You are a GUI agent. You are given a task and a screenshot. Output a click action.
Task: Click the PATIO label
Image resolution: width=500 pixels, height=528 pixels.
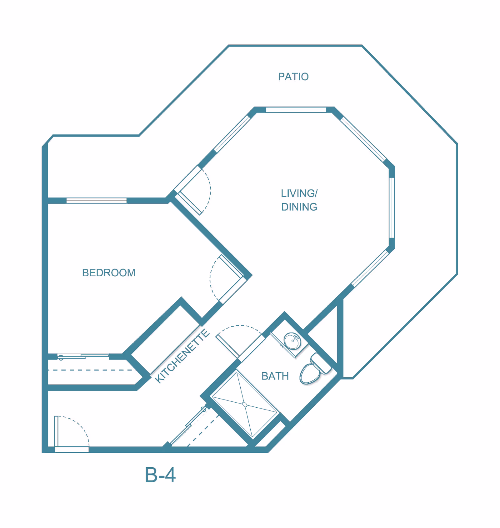tap(293, 77)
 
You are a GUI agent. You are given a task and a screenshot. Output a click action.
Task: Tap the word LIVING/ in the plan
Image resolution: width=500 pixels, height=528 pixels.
tap(299, 193)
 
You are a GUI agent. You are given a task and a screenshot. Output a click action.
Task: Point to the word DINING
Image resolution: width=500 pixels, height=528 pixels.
tap(299, 207)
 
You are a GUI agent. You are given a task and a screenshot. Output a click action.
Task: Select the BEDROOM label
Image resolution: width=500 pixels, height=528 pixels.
tap(109, 273)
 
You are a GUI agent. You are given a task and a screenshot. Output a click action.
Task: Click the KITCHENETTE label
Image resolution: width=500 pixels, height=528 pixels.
tap(182, 356)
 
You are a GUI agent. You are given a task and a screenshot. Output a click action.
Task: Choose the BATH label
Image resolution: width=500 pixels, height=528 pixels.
tap(275, 376)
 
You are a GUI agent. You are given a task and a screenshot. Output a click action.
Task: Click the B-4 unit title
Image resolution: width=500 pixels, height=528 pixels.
tap(160, 475)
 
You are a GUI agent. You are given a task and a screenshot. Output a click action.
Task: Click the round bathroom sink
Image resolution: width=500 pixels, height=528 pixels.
tap(292, 341)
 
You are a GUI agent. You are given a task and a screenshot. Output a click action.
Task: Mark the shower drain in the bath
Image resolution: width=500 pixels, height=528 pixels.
tap(245, 405)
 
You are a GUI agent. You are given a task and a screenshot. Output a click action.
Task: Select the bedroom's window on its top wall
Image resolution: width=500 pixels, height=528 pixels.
tap(97, 200)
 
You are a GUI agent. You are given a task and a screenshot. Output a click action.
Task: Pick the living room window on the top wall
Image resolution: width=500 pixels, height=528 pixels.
tap(296, 110)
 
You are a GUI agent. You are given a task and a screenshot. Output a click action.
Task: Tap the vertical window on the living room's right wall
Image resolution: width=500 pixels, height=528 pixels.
tap(392, 208)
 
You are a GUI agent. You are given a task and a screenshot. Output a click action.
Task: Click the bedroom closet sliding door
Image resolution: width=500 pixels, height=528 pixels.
tap(83, 356)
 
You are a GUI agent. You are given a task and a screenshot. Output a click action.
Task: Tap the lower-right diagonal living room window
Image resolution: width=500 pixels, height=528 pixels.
tap(370, 268)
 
